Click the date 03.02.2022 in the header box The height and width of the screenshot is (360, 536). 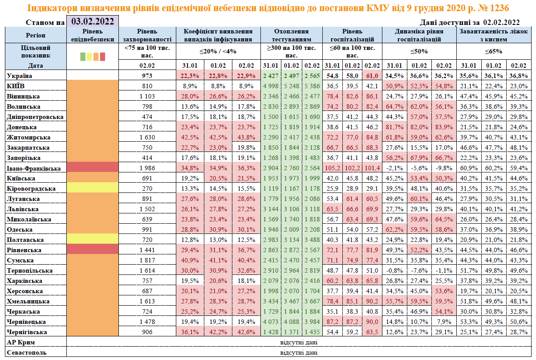pos(93,21)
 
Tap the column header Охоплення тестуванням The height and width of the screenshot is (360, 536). pos(291,35)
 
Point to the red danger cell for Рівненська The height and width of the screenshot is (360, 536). pos(93,250)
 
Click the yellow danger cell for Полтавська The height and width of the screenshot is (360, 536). pos(93,240)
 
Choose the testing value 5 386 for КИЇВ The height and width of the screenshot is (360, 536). pos(312,86)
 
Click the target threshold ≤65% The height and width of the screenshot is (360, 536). pos(494,51)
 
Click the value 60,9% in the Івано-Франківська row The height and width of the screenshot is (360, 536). pos(471,168)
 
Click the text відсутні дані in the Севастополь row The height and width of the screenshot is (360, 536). pos(299,352)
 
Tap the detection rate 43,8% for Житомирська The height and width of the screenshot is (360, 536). pos(247,137)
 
